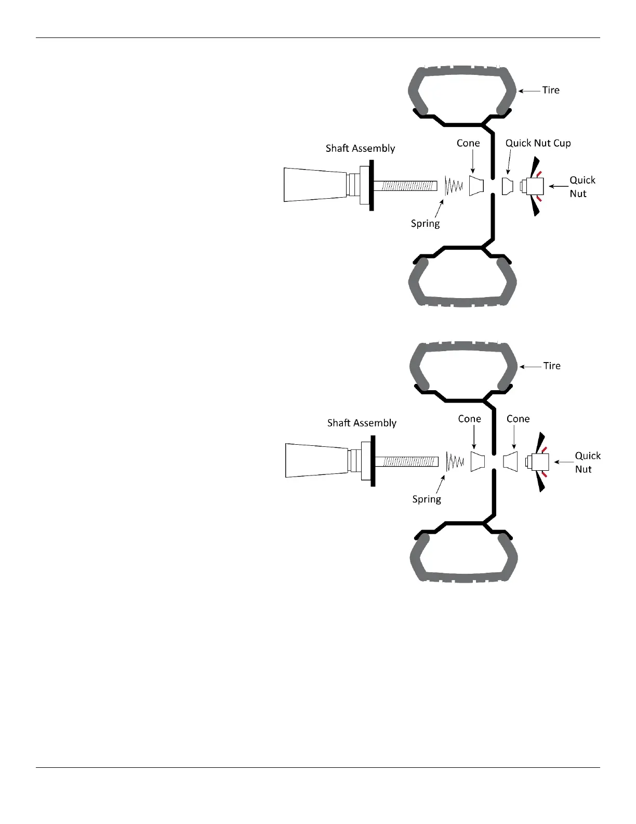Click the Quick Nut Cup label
tap(538, 143)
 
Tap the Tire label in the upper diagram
tap(551, 90)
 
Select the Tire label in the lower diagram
tap(552, 366)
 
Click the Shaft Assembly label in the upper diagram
tap(360, 148)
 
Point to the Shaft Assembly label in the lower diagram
tap(362, 423)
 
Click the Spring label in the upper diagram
tap(425, 224)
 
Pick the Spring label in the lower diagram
tap(427, 499)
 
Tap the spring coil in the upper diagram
tap(454, 186)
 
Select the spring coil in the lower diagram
tap(455, 461)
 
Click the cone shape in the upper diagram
tap(476, 186)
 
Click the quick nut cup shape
tap(508, 186)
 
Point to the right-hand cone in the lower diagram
tap(511, 461)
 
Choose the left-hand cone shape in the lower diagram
tap(478, 461)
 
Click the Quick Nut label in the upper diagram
tap(582, 187)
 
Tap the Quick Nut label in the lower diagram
tap(587, 462)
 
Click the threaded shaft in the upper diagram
tap(405, 186)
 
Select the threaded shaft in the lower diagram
tap(407, 461)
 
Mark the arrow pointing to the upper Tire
tap(529, 91)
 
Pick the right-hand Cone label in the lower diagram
tap(518, 419)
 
